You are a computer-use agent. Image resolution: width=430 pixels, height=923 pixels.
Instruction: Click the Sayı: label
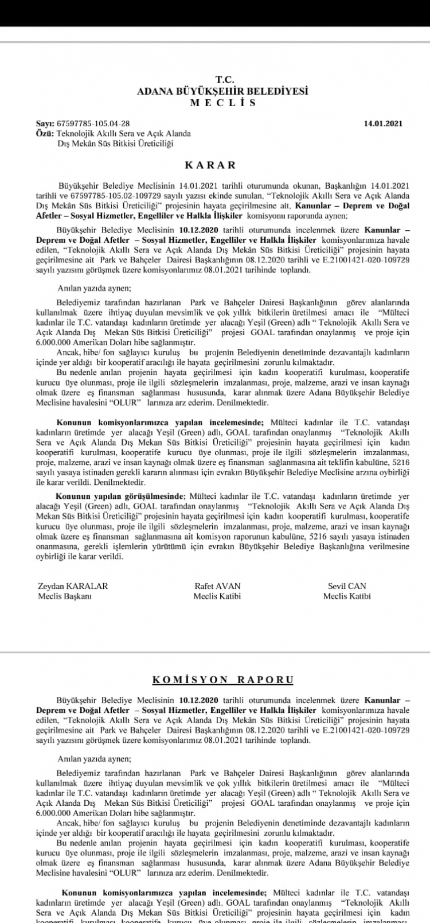pos(44,123)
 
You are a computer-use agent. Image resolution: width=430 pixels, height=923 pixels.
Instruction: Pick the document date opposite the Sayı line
pos(383,123)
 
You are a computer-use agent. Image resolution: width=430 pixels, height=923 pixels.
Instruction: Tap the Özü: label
pos(44,133)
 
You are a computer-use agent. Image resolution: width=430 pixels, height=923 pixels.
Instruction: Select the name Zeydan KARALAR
pos(73,586)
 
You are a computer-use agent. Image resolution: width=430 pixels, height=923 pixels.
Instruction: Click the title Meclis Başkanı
pos(65,596)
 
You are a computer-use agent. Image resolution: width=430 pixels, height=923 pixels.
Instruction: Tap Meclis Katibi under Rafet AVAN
pos(217,596)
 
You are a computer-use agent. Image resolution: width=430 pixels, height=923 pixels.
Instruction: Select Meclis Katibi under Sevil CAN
pos(347,596)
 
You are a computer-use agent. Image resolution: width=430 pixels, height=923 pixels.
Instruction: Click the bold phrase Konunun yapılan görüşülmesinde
pos(120,496)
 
